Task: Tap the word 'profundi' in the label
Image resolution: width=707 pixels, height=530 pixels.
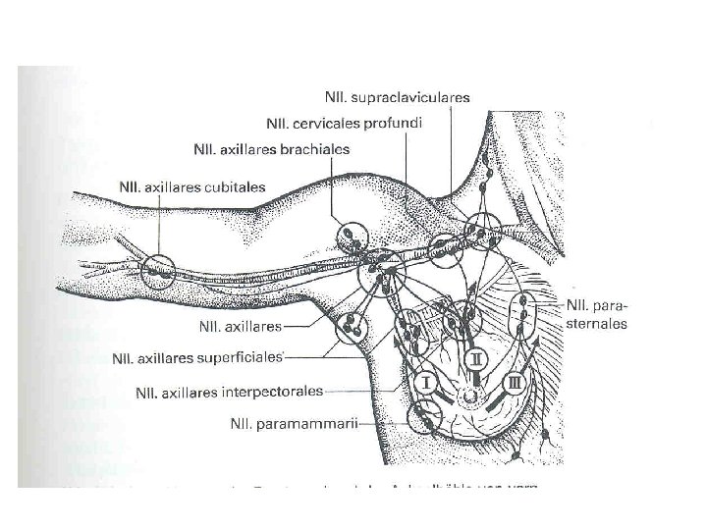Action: pyautogui.click(x=390, y=124)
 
